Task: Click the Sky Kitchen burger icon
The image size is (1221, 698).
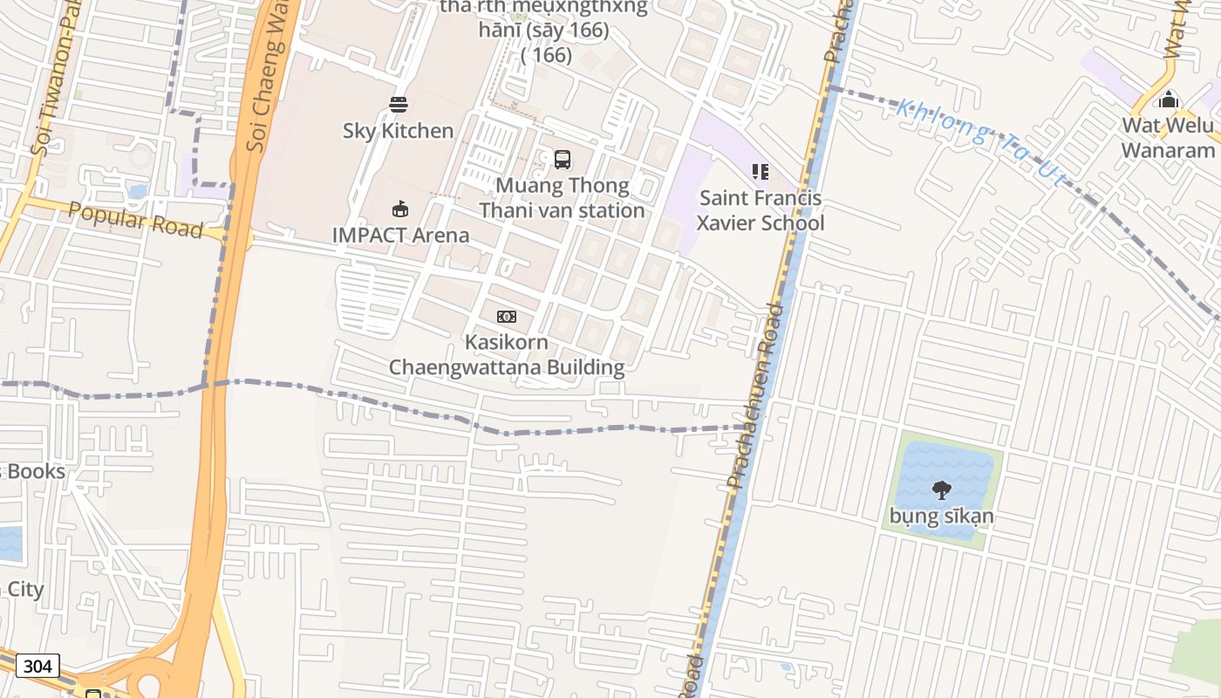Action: click(x=399, y=105)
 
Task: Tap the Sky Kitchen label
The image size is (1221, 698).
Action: click(x=398, y=131)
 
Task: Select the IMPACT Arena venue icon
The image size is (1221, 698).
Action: click(x=400, y=209)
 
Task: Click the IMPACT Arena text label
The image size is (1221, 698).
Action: click(x=400, y=235)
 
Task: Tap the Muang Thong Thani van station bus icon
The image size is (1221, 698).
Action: click(x=563, y=160)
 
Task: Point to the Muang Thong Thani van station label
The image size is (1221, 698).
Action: click(x=563, y=198)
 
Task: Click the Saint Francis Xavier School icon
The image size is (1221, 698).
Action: click(x=761, y=172)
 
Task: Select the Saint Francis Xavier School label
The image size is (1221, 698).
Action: click(x=761, y=210)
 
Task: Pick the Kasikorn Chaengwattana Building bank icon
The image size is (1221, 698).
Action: click(x=507, y=316)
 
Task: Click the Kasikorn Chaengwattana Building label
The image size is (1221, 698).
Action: click(x=507, y=354)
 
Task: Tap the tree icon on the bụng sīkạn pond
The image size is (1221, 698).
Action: click(x=941, y=489)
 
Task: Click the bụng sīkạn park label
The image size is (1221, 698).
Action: click(x=941, y=516)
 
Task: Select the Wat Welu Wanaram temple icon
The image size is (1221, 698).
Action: click(x=1169, y=99)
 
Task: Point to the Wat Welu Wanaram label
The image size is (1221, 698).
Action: click(x=1167, y=137)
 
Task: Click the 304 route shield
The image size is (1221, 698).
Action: click(x=38, y=667)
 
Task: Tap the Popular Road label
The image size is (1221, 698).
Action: click(x=135, y=219)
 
